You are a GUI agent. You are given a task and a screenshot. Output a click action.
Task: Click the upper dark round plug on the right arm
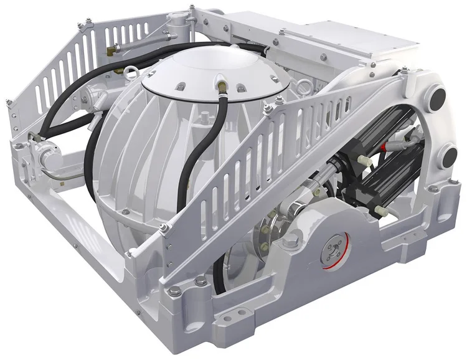pos(438,96)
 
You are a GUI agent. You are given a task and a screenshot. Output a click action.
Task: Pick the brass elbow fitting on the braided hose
pos(112,48)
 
